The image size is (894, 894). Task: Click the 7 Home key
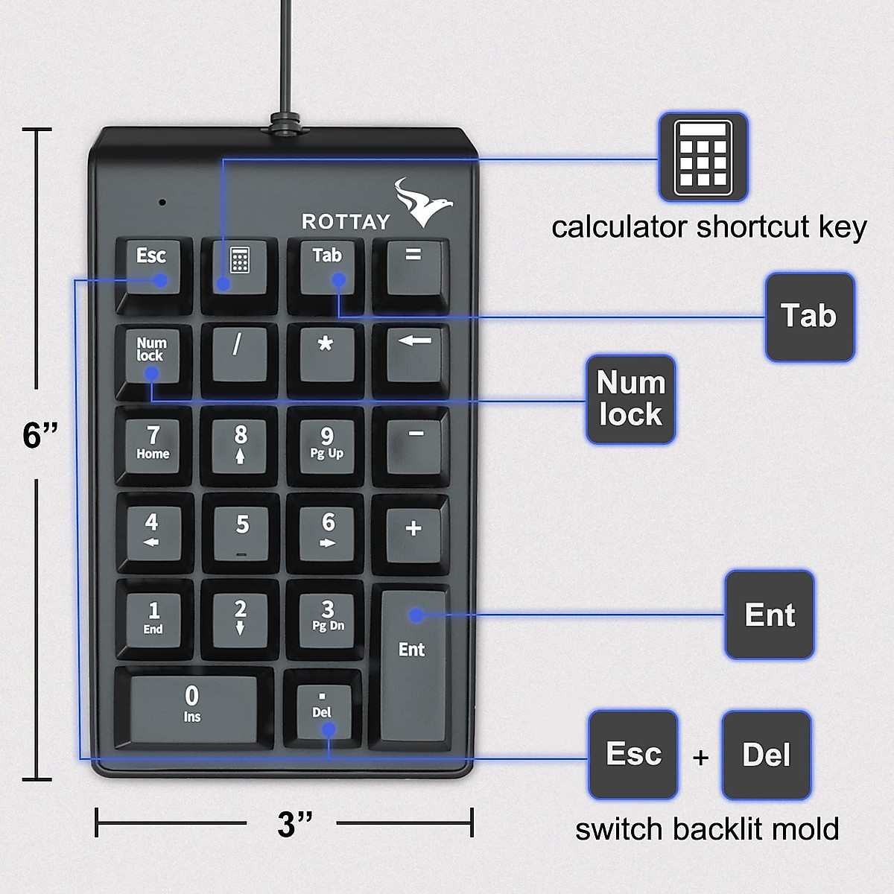[x=153, y=443]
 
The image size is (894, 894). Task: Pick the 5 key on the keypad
[x=241, y=529]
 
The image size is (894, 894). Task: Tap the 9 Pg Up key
[x=326, y=443]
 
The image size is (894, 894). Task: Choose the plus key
[x=413, y=529]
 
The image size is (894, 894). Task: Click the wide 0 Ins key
[x=192, y=705]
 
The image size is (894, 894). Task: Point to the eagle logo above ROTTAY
[x=423, y=201]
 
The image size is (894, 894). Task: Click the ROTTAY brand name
[x=346, y=221]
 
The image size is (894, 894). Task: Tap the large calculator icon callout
[x=703, y=157]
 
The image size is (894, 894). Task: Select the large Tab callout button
[x=809, y=317]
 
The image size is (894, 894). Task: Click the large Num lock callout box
[x=630, y=399]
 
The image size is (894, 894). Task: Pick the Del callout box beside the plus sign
[x=766, y=755]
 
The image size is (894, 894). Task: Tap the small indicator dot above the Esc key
[x=162, y=202]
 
